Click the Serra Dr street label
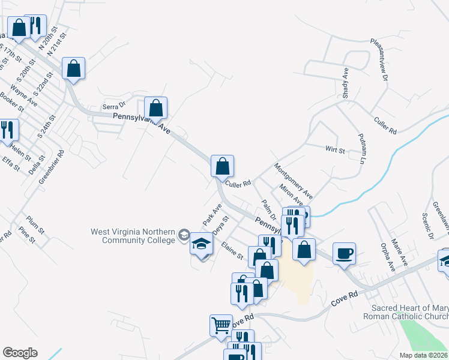[x=113, y=106]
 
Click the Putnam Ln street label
[x=362, y=149]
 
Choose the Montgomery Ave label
[x=294, y=181]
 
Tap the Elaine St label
[x=232, y=252]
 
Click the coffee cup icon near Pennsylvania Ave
[x=344, y=253]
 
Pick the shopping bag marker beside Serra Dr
[x=155, y=108]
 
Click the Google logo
[x=20, y=353]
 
